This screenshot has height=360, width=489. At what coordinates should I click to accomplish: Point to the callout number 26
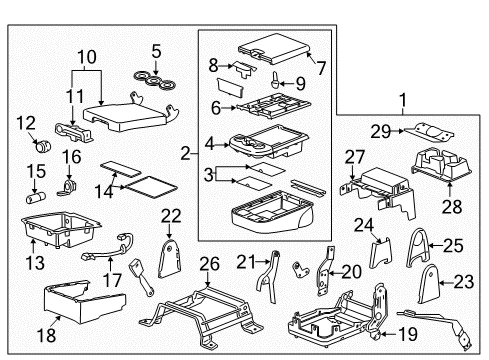coord(209,264)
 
